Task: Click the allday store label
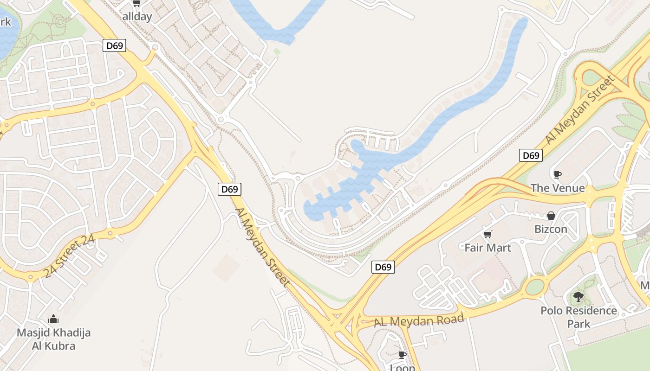pos(137,16)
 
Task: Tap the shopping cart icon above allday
pos(136,4)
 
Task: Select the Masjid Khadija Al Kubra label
pos(53,339)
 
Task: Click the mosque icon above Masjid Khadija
pos(53,319)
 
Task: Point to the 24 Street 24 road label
pos(69,256)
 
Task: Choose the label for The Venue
pos(558,188)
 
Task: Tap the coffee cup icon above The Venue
pos(557,174)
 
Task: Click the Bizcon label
pos(551,229)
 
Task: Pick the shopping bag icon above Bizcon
pos(551,216)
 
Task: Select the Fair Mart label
pos(487,248)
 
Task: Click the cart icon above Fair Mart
pos(487,234)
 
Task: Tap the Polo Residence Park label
pos(578,317)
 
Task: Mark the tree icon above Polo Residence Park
pos(578,296)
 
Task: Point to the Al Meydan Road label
pos(419,320)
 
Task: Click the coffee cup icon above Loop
pos(403,355)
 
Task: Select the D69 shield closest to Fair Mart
pos(383,267)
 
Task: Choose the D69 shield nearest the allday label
pos(114,45)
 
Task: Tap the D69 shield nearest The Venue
pos(531,155)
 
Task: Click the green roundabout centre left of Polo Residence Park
pos(535,287)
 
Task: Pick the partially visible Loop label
pos(403,368)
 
